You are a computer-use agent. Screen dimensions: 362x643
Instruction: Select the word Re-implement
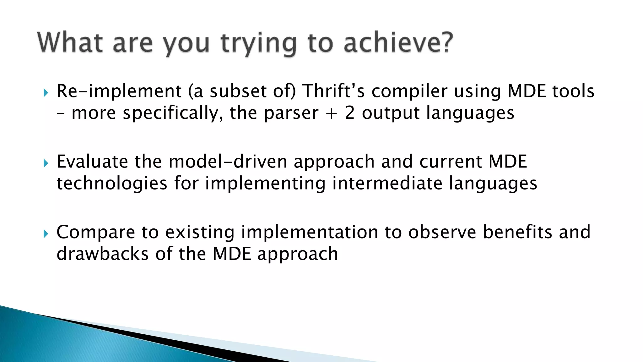click(119, 91)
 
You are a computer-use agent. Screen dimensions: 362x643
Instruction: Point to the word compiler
click(409, 91)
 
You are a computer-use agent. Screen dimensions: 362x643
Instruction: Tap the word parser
click(291, 113)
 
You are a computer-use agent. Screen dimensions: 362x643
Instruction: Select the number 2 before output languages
click(350, 113)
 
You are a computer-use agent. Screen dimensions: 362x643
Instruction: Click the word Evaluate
click(92, 162)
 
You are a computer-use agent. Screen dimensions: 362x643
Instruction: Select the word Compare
click(95, 233)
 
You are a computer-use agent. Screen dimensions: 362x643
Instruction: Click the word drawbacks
click(102, 254)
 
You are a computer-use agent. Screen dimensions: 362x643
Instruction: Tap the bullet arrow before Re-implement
click(46, 93)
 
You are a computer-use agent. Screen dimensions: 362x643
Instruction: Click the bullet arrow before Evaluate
click(46, 163)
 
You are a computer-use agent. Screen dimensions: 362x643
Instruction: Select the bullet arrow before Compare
click(46, 233)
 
